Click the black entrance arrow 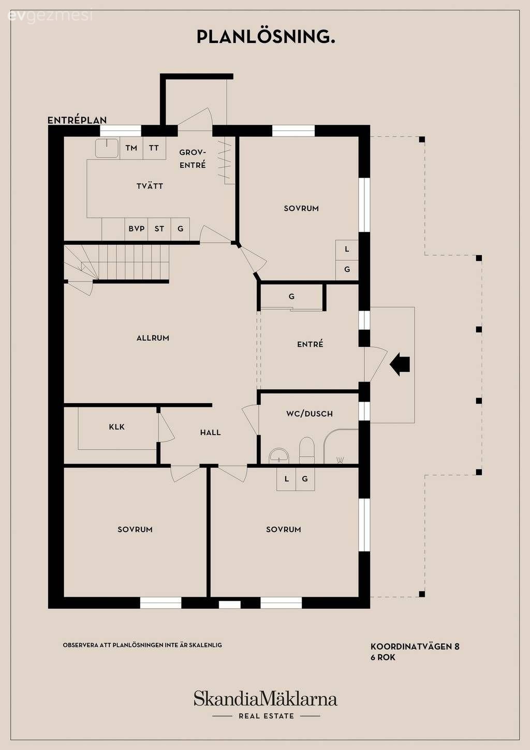(400, 364)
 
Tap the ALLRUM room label (153, 338)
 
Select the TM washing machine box (131, 148)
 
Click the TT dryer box (154, 148)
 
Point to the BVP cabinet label (137, 229)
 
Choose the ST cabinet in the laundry (159, 229)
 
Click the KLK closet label (117, 427)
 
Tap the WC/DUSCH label (310, 414)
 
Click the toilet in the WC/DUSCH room (307, 450)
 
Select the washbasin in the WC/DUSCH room (279, 456)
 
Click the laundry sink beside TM (107, 148)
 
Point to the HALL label (210, 433)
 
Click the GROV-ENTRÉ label (193, 159)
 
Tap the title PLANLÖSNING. (266, 37)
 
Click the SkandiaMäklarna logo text (266, 698)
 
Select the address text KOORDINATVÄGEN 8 (415, 646)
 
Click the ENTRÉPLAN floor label (77, 120)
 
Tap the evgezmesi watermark (50, 17)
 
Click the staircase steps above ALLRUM (116, 262)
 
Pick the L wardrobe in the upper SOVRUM (347, 249)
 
